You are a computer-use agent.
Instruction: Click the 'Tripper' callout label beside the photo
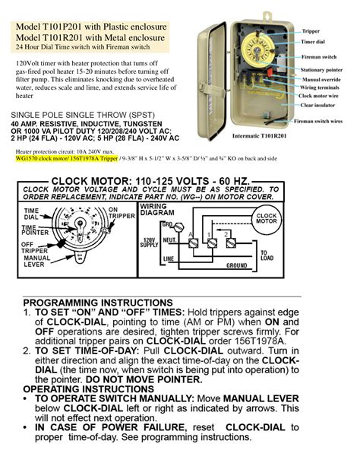tap(311, 31)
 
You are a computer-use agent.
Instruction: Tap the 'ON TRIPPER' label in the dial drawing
tap(113, 214)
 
